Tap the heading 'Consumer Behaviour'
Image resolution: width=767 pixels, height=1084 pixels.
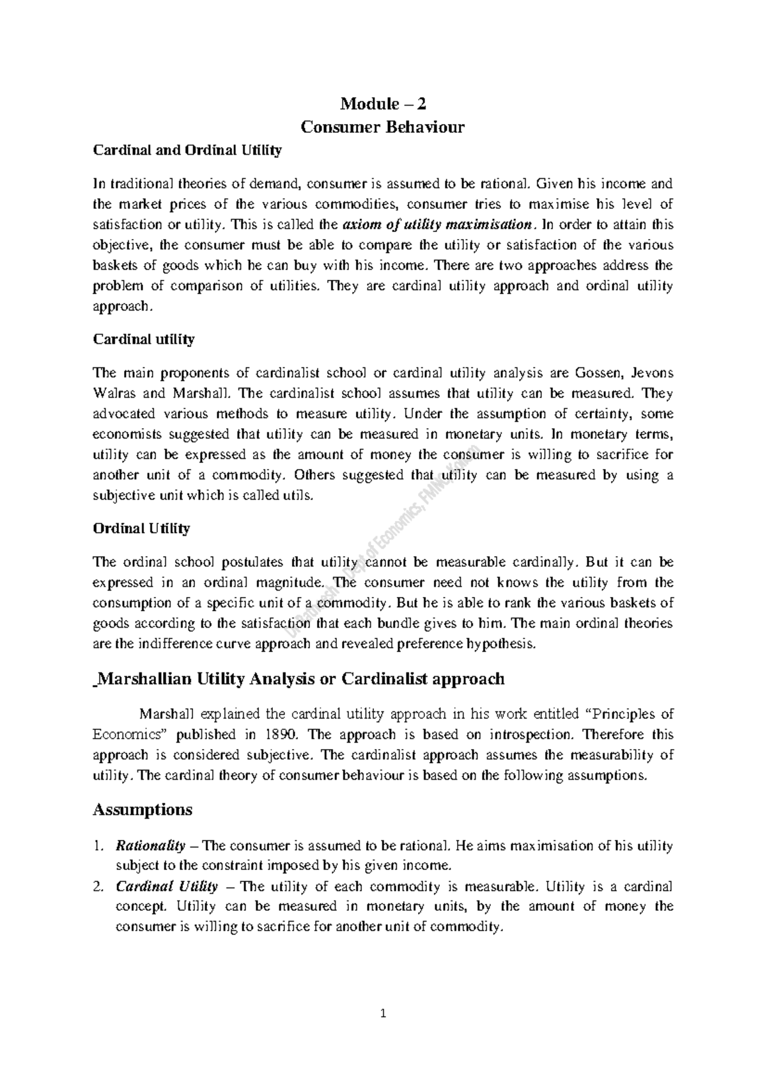pos(383,127)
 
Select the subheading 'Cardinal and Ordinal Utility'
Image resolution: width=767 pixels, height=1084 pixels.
pos(187,151)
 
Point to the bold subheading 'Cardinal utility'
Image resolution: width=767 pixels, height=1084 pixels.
pos(144,339)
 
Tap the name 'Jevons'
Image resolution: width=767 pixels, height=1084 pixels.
pos(652,373)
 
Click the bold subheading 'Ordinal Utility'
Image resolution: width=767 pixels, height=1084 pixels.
pos(141,529)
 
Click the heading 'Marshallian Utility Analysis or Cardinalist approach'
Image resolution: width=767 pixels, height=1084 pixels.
pos(299,679)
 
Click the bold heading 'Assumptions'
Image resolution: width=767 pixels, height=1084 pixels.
pos(143,810)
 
